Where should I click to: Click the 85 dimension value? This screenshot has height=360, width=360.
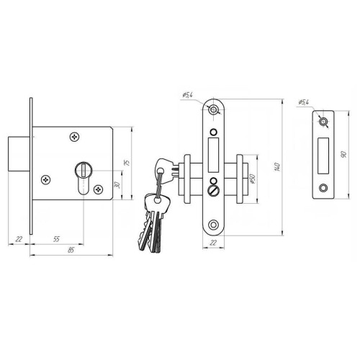tap(71, 250)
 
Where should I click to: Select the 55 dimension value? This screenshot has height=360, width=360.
tap(56, 239)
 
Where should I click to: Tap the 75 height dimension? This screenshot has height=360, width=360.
tap(127, 163)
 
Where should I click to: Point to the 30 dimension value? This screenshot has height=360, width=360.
tap(117, 185)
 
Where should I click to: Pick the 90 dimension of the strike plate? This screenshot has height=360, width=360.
tap(343, 154)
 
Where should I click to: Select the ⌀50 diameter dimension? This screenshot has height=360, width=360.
tap(252, 179)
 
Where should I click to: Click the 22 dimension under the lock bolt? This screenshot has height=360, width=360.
tap(19, 239)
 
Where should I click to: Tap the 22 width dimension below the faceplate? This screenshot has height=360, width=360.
tap(213, 243)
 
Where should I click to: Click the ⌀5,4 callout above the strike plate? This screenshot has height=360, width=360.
tap(304, 102)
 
